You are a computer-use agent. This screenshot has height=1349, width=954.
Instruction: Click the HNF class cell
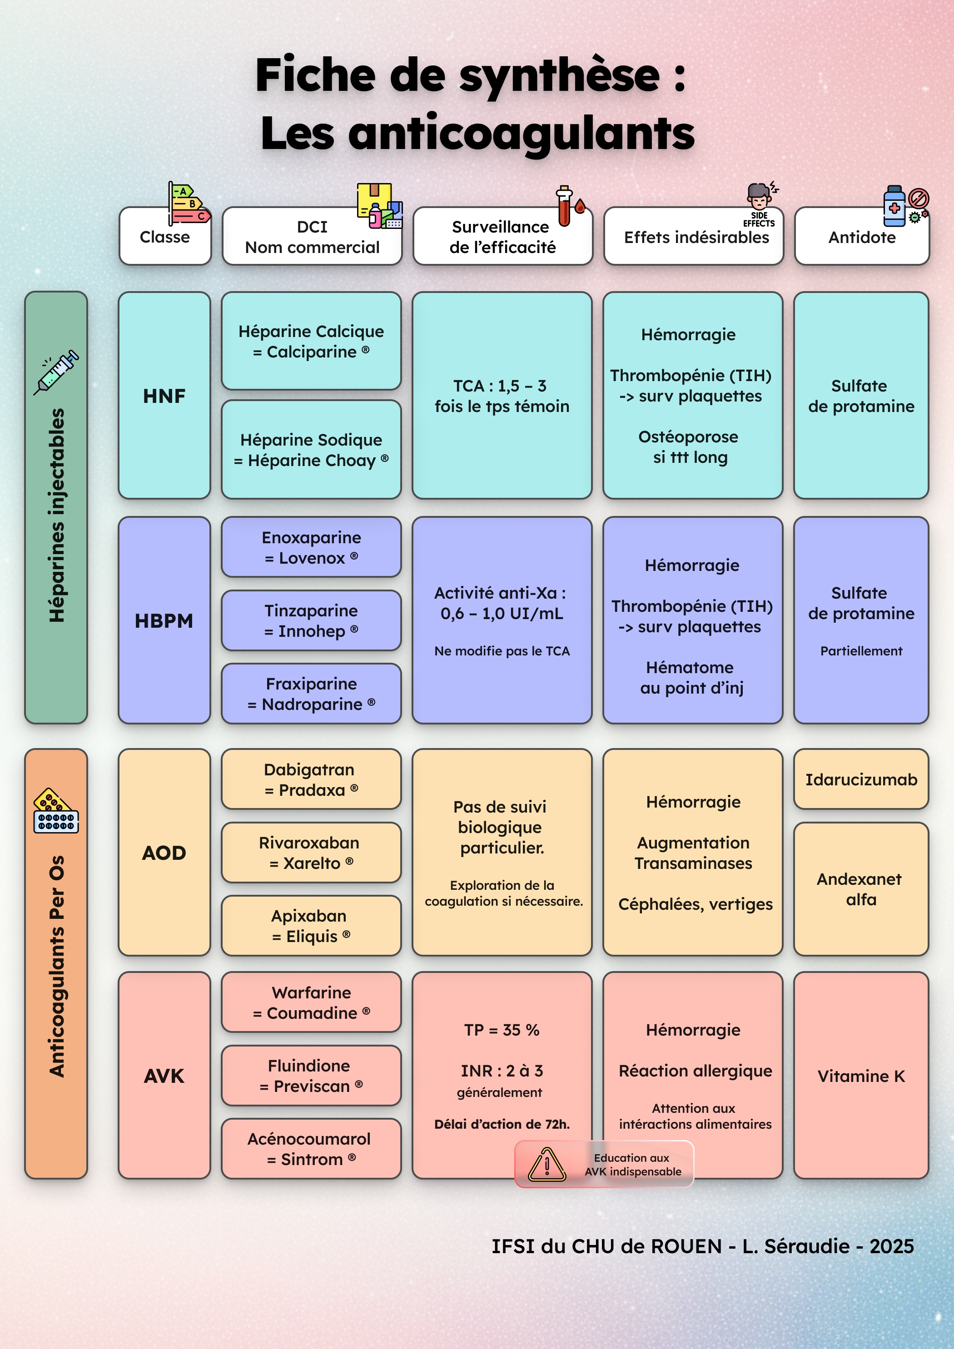[x=164, y=396]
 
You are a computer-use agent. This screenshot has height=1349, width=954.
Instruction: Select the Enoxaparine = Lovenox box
[x=311, y=547]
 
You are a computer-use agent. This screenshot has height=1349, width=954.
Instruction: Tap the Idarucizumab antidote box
[x=860, y=779]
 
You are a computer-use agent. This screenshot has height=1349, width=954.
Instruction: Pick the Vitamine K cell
[x=860, y=1075]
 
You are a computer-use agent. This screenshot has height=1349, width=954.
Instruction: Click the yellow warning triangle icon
[x=547, y=1165]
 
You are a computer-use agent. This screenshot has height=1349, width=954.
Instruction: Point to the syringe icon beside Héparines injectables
[x=56, y=372]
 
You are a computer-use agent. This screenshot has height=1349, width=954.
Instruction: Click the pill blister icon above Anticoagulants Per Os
[x=56, y=811]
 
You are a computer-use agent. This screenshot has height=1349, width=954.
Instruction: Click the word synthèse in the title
[x=559, y=76]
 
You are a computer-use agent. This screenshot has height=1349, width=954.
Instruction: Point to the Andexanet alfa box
[x=860, y=889]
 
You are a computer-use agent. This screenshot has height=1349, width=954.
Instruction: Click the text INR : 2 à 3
[x=502, y=1071]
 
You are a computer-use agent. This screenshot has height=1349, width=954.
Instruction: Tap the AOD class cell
[x=164, y=852]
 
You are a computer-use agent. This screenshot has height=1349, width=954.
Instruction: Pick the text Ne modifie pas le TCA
[x=502, y=651]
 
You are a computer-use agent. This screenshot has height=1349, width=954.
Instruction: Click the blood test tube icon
[x=564, y=207]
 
